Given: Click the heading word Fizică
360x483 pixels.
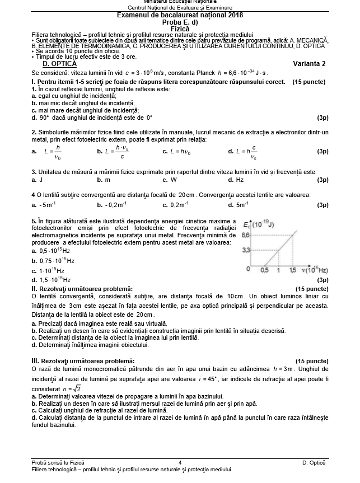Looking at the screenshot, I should pos(180,28).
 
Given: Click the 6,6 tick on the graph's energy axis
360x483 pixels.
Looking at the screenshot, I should pos(245,235).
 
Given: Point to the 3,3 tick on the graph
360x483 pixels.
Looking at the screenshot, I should pos(245,250).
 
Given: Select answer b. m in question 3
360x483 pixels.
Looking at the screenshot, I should pos(104,180).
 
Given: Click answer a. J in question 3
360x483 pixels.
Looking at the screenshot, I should pos(37,180).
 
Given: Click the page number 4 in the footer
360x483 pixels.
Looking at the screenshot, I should pos(180,462).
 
